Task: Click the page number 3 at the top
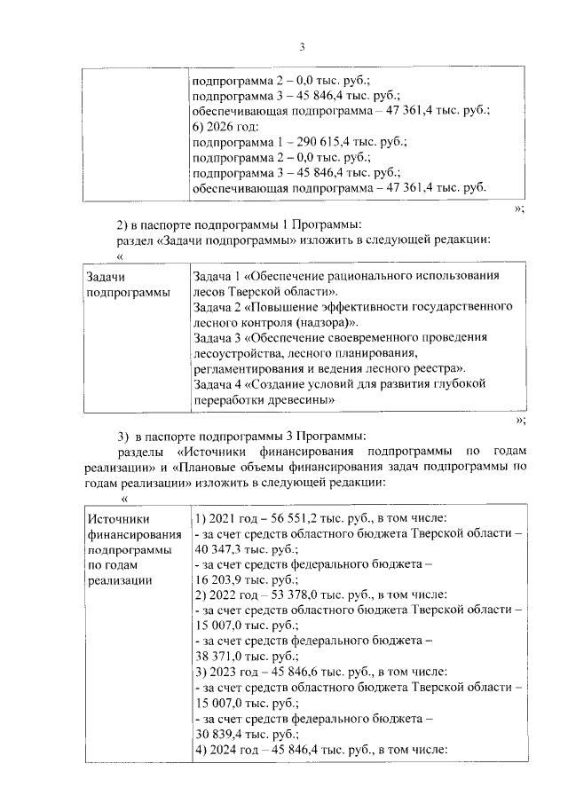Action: pos(302,47)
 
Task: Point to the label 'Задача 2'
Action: pos(216,307)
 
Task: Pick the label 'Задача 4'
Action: pos(216,384)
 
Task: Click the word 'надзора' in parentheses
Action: pos(328,322)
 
